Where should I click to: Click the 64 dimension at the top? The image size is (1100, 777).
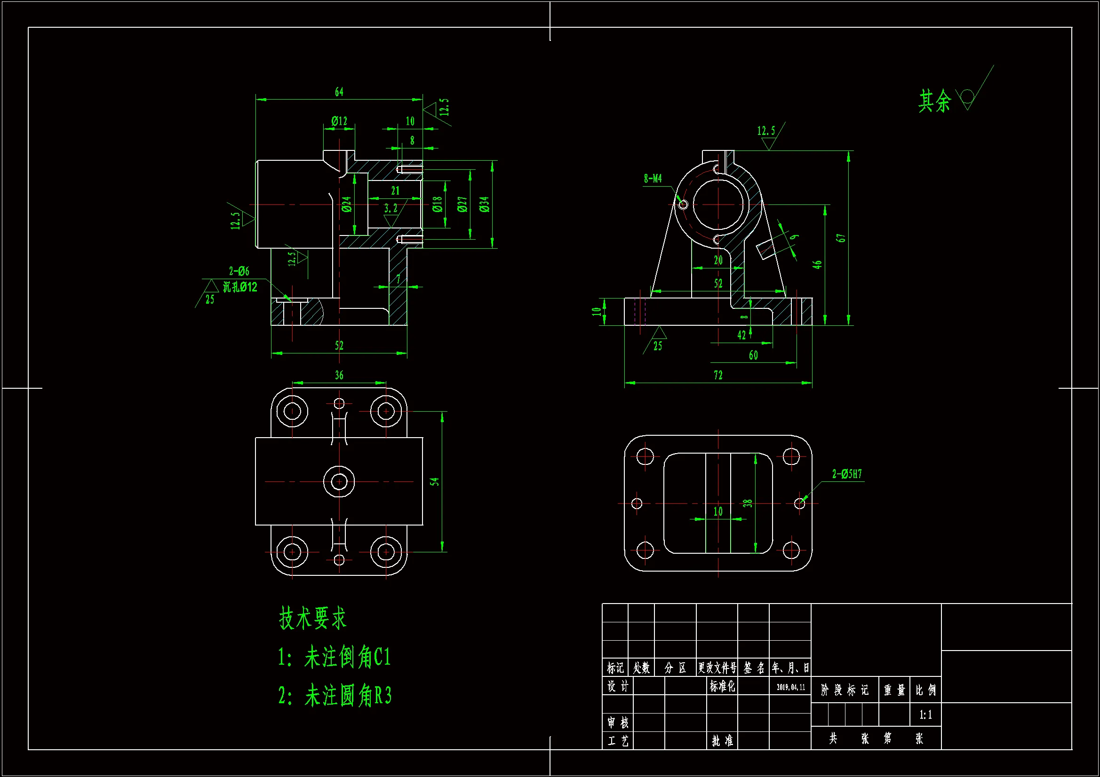[339, 92]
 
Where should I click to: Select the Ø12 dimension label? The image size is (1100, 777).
[339, 121]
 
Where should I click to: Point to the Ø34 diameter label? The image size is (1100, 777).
[484, 204]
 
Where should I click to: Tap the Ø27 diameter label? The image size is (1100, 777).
[462, 204]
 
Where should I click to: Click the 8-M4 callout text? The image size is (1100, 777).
[653, 179]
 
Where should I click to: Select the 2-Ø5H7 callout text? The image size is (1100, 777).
[846, 474]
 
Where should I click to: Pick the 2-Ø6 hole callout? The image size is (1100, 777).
[239, 271]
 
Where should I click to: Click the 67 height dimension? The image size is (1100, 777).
[841, 238]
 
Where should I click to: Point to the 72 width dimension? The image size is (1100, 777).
[717, 375]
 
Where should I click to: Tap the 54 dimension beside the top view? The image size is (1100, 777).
[434, 481]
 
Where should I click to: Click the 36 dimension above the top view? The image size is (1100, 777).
[339, 375]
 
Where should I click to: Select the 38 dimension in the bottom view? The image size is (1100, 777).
[748, 503]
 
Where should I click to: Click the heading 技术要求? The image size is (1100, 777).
[312, 618]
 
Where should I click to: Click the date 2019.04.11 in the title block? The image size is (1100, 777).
[790, 688]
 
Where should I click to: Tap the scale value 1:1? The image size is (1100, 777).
[925, 715]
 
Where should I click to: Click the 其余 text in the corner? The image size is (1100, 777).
[934, 101]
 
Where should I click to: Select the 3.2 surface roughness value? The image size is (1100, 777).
[391, 208]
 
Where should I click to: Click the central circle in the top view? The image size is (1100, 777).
[339, 481]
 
